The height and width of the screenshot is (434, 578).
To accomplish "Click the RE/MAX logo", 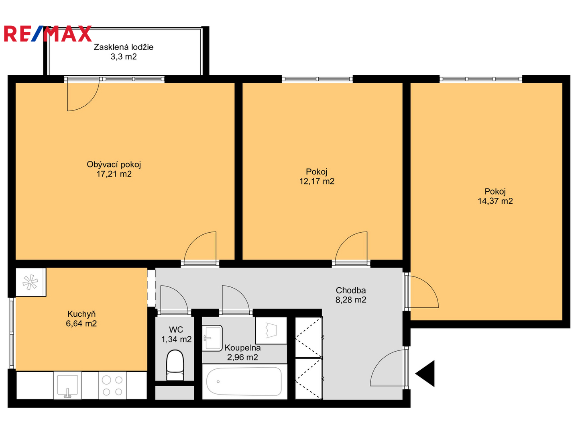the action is point(48,33).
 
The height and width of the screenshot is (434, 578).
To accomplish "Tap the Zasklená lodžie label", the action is point(124,47).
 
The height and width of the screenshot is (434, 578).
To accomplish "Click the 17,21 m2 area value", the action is point(114,174).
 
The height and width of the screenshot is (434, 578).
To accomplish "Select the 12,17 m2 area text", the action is point(317,181).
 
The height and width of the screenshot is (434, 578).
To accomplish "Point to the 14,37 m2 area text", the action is point(495,201).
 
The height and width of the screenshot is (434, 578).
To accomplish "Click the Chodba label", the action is point(351,291).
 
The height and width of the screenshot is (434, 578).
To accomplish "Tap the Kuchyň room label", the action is point(81,314).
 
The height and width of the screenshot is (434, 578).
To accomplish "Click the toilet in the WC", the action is point(175,365).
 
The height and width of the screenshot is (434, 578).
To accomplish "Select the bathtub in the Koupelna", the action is point(244,381).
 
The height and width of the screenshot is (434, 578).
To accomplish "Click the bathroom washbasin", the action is point(212,338).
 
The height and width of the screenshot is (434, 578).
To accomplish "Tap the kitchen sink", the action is point(68,385).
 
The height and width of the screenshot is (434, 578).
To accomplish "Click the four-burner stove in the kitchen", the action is point(112,385).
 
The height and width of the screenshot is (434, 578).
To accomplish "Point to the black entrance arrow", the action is point(425,374).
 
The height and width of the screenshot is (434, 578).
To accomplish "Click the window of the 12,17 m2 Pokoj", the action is point(317,79).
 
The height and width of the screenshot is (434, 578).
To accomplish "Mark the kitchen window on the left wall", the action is point(12,333).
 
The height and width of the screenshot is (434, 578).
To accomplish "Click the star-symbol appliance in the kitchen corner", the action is point(31,282).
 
